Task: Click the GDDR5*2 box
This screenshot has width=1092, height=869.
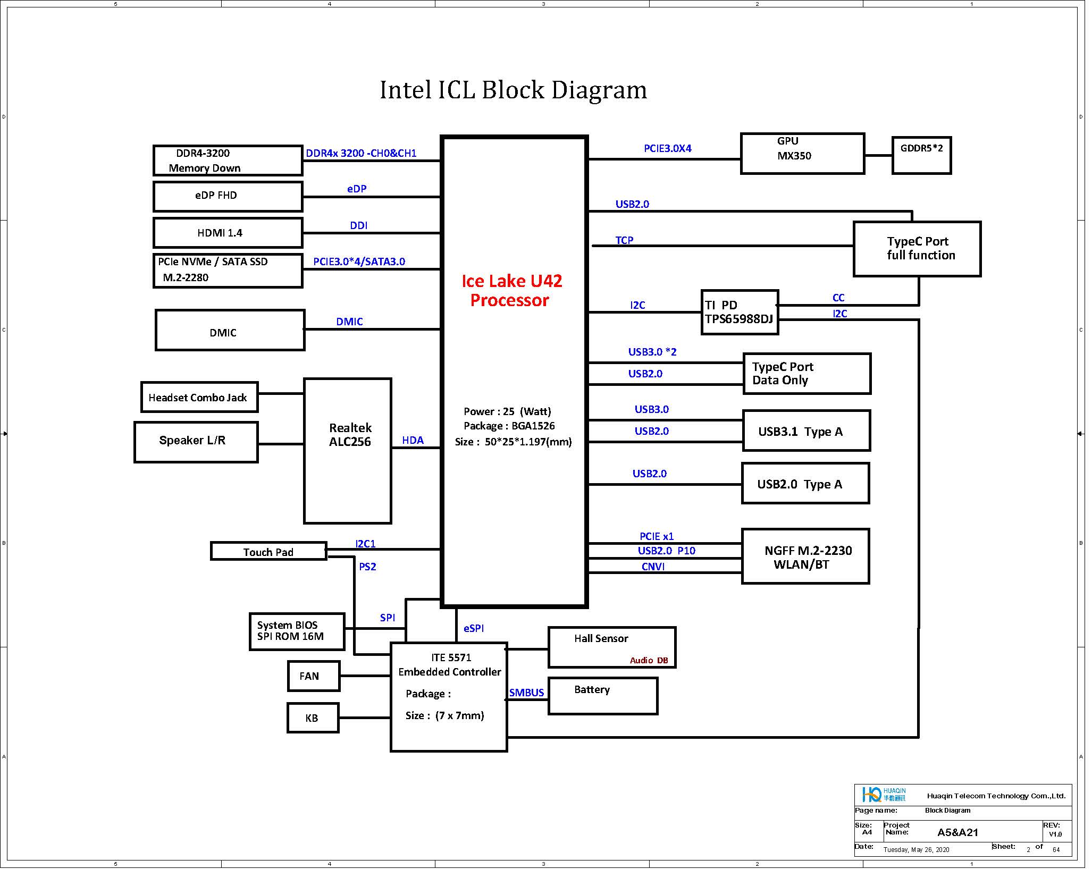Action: pyautogui.click(x=921, y=155)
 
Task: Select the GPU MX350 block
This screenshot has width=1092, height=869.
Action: pyautogui.click(x=802, y=154)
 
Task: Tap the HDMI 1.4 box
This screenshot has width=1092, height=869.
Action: pyautogui.click(x=228, y=233)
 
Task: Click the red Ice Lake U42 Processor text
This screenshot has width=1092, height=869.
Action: pyautogui.click(x=511, y=290)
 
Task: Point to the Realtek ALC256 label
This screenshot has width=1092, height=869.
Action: pyautogui.click(x=350, y=435)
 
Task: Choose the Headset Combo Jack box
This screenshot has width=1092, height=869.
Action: pyautogui.click(x=199, y=397)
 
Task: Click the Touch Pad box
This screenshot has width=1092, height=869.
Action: pyautogui.click(x=268, y=551)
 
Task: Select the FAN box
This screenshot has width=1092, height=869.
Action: pyautogui.click(x=313, y=676)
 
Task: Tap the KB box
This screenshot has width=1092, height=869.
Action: pyautogui.click(x=313, y=718)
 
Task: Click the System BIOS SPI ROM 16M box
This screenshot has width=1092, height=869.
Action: pyautogui.click(x=297, y=631)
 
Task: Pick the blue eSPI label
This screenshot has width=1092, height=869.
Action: pyautogui.click(x=474, y=628)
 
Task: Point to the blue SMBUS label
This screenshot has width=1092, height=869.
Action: pyautogui.click(x=526, y=693)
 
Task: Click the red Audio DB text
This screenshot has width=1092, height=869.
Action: pyautogui.click(x=649, y=660)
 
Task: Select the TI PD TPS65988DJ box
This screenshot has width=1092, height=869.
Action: pyautogui.click(x=740, y=312)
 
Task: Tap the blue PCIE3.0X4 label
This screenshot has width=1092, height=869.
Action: pyautogui.click(x=667, y=148)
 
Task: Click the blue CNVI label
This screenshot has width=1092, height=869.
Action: pyautogui.click(x=653, y=567)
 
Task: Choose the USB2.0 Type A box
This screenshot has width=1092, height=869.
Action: pyautogui.click(x=805, y=484)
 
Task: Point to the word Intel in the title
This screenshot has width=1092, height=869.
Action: pyautogui.click(x=405, y=90)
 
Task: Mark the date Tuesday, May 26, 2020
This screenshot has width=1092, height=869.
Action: pyautogui.click(x=916, y=849)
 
